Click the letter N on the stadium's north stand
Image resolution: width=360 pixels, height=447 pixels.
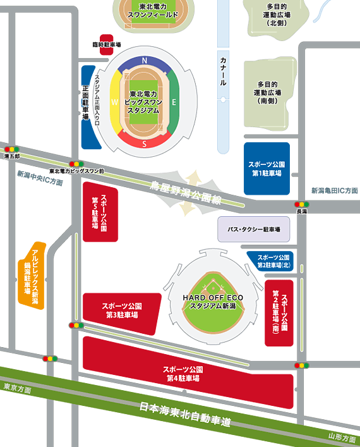pyautogui.click(x=145, y=61)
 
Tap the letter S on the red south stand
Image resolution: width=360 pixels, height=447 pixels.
pyautogui.click(x=145, y=143)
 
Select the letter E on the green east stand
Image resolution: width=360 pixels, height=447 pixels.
pyautogui.click(x=174, y=101)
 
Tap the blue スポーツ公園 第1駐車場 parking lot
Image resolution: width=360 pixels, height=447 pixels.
pyautogui.click(x=267, y=168)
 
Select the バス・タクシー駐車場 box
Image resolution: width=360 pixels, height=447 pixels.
pyautogui.click(x=253, y=230)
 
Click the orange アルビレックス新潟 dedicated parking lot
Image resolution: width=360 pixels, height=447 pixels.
pyautogui.click(x=31, y=275)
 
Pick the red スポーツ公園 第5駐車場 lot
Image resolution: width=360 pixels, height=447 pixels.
pyautogui.click(x=100, y=212)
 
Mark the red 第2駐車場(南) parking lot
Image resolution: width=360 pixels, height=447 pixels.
pyautogui.click(x=279, y=312)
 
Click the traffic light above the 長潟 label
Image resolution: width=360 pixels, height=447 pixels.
pyautogui.click(x=301, y=204)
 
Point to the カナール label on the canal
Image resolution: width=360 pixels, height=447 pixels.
pyautogui.click(x=223, y=71)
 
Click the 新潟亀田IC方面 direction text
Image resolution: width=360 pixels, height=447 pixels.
pyautogui.click(x=334, y=190)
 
